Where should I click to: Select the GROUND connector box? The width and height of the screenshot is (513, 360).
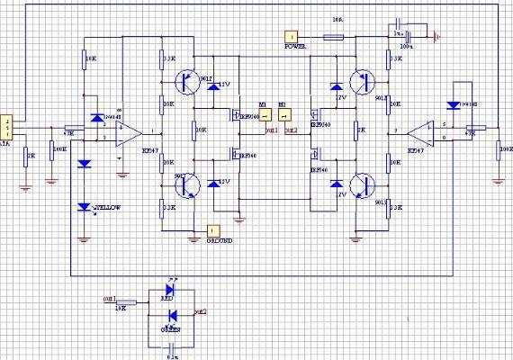(213, 229)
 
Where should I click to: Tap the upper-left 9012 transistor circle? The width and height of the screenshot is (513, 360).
(188, 82)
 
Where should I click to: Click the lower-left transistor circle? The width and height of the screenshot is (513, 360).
(188, 185)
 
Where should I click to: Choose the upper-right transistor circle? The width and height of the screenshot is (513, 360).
(364, 82)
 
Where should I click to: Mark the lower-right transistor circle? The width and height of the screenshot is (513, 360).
(364, 185)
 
